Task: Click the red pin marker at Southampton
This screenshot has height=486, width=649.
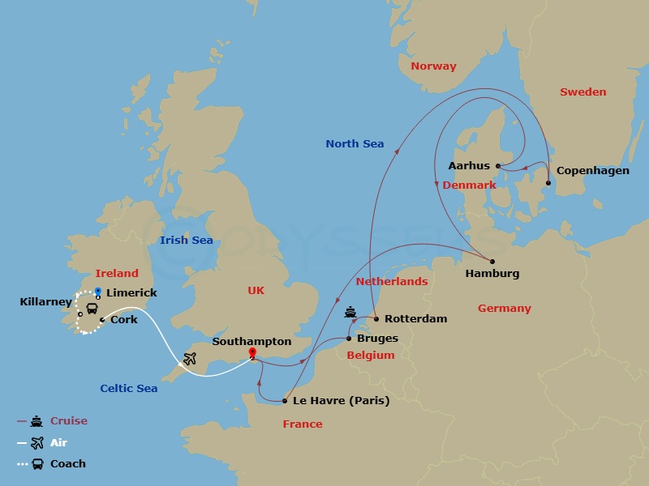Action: (252, 353)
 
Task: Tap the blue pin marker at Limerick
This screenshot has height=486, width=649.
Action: (97, 292)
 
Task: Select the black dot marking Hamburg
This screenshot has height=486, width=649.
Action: (492, 261)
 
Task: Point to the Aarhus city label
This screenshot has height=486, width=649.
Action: (469, 166)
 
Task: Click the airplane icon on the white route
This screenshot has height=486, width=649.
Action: (191, 358)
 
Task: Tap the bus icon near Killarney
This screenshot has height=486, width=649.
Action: (92, 308)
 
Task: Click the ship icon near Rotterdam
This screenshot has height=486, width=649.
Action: (350, 311)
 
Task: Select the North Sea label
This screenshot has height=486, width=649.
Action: (355, 144)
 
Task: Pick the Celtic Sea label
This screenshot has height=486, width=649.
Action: (129, 389)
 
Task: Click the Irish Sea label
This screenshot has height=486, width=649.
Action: (187, 240)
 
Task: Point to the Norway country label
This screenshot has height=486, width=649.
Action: (433, 66)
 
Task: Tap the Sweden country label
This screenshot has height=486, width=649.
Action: (582, 92)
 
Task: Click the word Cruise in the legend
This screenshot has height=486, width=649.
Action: (69, 421)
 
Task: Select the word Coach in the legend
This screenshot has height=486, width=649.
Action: (68, 464)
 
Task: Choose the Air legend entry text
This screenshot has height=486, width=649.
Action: (59, 443)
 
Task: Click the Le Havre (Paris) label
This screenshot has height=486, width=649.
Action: (342, 401)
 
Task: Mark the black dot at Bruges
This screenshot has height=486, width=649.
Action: (349, 338)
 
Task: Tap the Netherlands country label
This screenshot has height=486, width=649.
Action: (391, 282)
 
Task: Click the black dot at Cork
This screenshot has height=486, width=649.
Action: (101, 320)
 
